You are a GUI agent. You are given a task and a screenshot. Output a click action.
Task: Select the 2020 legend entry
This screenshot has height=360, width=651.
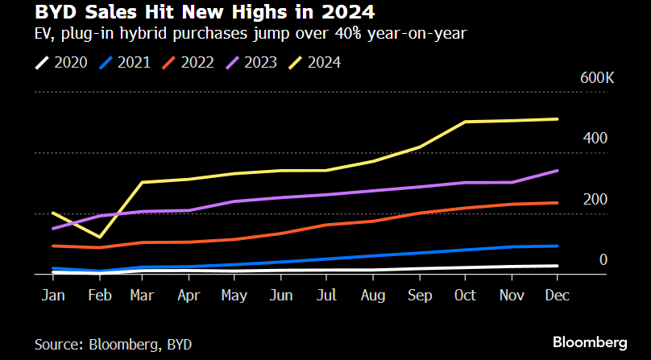point(63,61)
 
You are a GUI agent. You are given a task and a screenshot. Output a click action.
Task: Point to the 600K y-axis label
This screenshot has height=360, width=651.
point(598,78)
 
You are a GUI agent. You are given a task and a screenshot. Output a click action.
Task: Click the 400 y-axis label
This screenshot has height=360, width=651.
point(595,139)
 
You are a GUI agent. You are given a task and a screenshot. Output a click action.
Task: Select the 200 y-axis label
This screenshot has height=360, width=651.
point(595,199)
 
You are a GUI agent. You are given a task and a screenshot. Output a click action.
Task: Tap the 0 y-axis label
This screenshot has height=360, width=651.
point(603,259)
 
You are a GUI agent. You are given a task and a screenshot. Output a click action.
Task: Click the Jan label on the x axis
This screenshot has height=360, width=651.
point(53,296)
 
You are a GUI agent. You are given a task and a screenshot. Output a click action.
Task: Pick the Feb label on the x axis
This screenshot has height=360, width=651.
point(98,296)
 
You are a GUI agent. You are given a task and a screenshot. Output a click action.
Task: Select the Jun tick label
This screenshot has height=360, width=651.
point(280,296)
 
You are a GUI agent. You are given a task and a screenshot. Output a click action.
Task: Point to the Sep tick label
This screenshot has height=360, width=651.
point(419,296)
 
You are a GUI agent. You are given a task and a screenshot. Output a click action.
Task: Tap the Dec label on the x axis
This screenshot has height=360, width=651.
point(557,296)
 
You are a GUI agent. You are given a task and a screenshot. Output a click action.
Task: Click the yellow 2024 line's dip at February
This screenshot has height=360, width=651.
point(99,237)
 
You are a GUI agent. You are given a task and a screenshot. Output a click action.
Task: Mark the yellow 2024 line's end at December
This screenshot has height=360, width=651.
point(558,119)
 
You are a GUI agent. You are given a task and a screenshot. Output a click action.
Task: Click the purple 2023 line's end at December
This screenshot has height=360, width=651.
point(558,171)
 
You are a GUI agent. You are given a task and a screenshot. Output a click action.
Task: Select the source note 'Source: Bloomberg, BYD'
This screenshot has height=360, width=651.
point(113,345)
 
